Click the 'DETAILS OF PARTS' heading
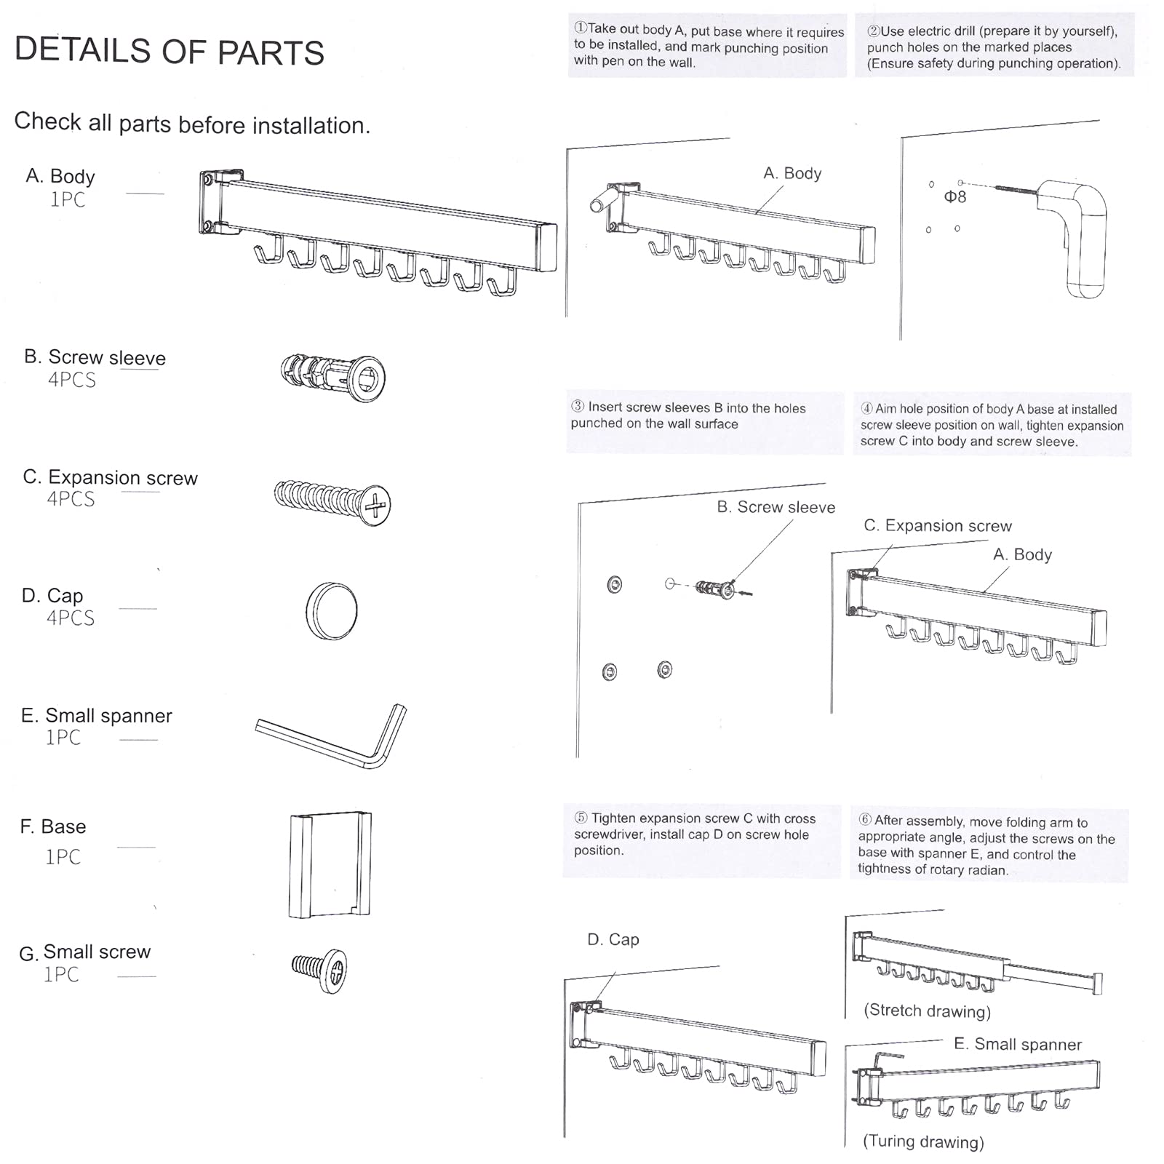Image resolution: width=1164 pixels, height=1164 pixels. click(170, 51)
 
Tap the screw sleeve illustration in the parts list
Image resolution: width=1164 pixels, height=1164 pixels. click(334, 376)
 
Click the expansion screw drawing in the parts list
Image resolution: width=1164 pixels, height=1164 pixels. click(332, 501)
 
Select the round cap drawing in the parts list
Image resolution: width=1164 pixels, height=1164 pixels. click(332, 610)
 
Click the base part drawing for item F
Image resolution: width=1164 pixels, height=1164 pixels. click(330, 864)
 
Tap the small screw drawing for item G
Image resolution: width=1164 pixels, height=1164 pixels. click(320, 970)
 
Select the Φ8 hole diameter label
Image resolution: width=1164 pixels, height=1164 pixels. click(954, 196)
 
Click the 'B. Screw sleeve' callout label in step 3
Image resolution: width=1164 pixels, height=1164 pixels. click(776, 507)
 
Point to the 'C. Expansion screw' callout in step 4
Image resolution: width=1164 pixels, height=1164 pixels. click(937, 525)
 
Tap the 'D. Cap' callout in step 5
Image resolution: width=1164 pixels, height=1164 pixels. click(613, 939)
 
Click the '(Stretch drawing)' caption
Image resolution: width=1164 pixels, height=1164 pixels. click(927, 1010)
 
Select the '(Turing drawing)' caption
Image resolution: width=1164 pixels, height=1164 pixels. click(922, 1141)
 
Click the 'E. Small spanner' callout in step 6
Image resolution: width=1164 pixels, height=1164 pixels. click(1017, 1044)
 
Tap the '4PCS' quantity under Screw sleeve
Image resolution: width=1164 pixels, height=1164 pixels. click(71, 380)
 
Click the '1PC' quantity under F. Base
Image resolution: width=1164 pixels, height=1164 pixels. click(63, 856)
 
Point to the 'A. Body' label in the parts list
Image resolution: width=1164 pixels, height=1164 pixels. click(60, 176)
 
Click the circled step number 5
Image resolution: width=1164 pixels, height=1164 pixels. click(581, 818)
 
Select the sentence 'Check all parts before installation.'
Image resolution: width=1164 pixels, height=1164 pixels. click(192, 123)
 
